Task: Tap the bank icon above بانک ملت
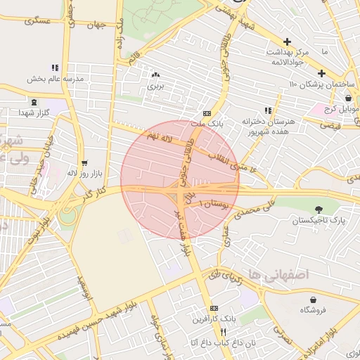207,112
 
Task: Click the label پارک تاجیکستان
321,219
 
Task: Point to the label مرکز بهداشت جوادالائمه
287,57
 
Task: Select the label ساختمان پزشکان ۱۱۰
323,84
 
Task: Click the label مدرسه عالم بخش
56,79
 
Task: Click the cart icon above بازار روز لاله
84,162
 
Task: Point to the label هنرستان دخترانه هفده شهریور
269,126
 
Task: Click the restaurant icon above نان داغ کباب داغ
223,332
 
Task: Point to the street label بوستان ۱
214,203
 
